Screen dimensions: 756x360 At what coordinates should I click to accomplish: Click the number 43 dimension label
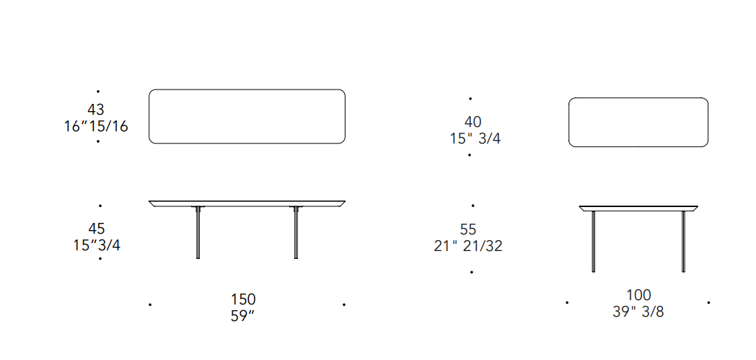pos(96,110)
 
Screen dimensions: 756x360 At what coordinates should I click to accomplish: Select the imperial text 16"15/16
pos(97,127)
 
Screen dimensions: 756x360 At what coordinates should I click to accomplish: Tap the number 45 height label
pos(96,228)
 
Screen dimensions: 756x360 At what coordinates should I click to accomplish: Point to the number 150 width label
pos(243,299)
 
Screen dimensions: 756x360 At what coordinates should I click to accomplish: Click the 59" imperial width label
pos(243,317)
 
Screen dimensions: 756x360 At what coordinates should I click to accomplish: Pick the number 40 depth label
pos(473,122)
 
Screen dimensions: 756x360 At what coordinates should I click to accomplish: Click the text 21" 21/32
pos(468,246)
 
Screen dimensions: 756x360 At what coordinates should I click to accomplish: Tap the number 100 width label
pos(639,295)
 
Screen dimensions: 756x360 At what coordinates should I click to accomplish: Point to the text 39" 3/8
pos(638,312)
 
